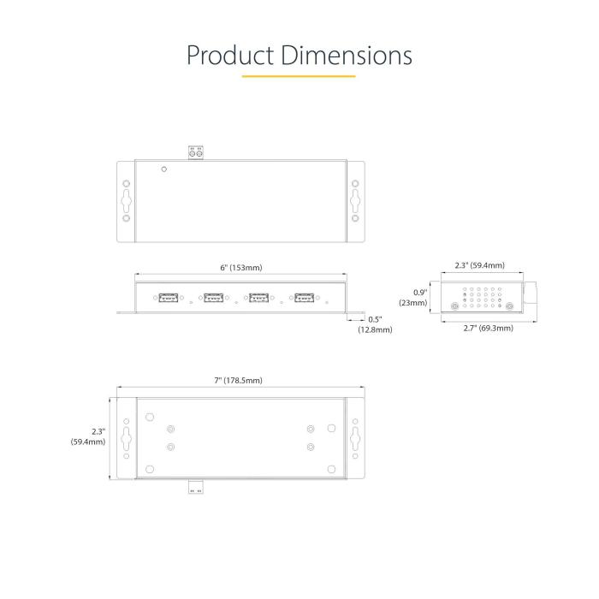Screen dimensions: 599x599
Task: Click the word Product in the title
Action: (228, 55)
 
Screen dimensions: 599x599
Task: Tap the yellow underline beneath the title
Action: (299, 77)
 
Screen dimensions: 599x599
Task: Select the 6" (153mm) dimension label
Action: (241, 268)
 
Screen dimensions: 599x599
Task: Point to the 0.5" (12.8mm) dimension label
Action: (375, 324)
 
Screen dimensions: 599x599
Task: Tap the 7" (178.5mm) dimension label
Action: (239, 380)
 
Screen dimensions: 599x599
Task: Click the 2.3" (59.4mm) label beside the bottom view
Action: (89, 436)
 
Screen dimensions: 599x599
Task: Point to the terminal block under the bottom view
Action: (196, 486)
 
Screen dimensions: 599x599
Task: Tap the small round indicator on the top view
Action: (163, 169)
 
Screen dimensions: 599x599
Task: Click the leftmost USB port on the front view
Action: (169, 298)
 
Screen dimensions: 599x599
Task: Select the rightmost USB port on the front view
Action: (304, 298)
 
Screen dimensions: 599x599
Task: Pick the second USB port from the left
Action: (213, 298)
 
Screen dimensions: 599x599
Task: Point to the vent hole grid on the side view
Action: (482, 296)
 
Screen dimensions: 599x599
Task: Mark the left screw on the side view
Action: (453, 306)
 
